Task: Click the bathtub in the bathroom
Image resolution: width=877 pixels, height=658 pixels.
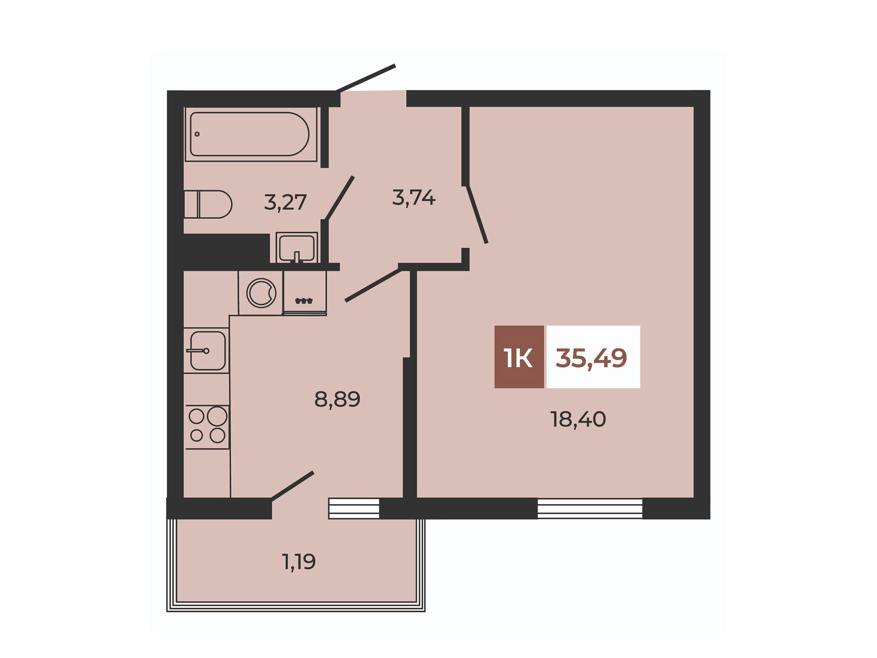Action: coord(251,134)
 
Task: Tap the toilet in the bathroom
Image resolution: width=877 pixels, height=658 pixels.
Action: coord(208,204)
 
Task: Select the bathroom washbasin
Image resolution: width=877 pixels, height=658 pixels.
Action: coord(297,248)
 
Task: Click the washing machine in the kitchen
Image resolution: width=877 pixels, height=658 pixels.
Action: coord(261,293)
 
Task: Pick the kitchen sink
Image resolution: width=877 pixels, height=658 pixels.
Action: coord(206,350)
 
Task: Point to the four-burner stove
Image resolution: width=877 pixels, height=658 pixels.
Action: coord(207,427)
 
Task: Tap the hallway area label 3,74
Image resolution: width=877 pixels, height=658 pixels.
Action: coord(414,198)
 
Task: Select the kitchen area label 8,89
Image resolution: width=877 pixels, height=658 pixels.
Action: coord(337,399)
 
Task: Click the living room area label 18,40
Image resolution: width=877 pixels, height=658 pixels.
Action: coord(578,419)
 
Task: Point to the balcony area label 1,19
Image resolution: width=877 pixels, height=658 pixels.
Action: coord(299,562)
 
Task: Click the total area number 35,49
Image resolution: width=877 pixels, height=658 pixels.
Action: coord(592,358)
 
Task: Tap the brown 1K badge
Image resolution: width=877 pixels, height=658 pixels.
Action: coord(519,357)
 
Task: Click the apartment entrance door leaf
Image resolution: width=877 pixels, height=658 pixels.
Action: coord(365,78)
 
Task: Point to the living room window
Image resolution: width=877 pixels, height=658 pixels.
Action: coord(590,509)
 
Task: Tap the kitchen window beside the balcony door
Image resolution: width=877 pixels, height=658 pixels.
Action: coord(354,509)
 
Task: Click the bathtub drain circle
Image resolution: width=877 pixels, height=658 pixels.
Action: coord(197,134)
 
